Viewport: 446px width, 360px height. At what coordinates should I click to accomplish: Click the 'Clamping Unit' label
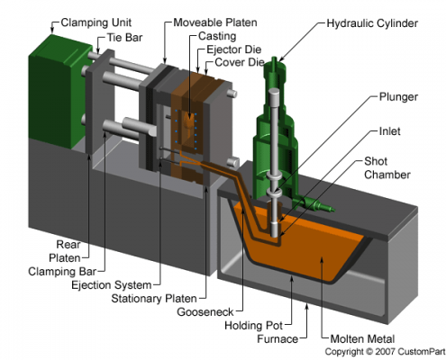click(96, 22)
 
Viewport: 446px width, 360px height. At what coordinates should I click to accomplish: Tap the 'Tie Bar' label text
click(124, 38)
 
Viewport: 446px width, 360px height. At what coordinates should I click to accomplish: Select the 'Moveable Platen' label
click(215, 22)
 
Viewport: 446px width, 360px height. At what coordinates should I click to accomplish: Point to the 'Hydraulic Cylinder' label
click(372, 23)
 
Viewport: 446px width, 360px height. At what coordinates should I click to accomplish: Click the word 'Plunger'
click(398, 97)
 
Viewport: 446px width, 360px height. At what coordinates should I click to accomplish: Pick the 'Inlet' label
click(389, 131)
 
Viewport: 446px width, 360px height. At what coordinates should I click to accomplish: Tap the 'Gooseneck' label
click(205, 312)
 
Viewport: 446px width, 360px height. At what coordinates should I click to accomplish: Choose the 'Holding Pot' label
click(254, 326)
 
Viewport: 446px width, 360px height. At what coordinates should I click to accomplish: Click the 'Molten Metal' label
click(362, 339)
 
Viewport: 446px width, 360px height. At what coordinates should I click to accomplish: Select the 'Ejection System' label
click(112, 285)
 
